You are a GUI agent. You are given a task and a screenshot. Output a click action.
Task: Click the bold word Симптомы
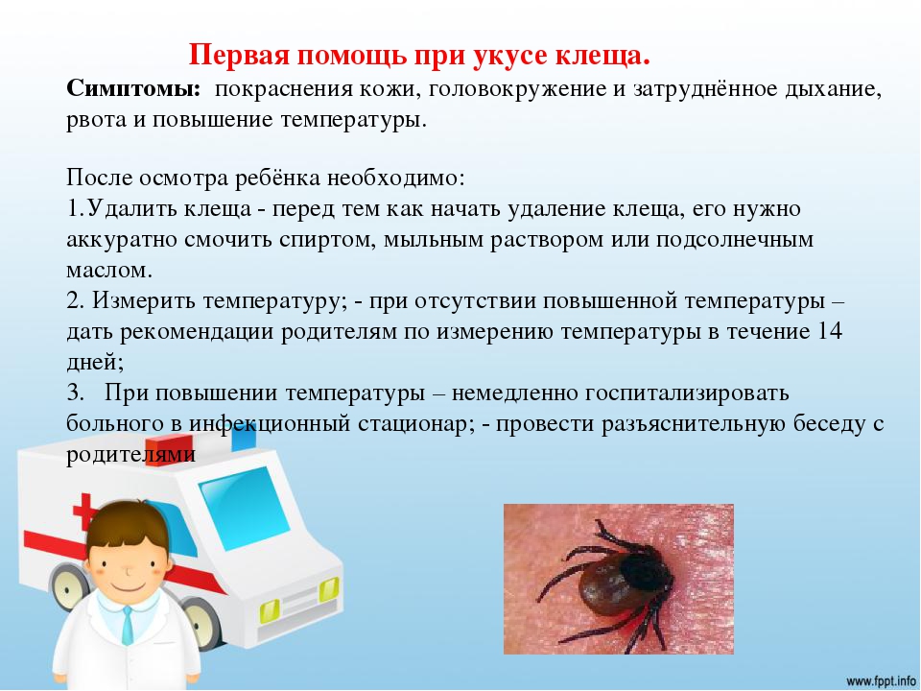[133, 90]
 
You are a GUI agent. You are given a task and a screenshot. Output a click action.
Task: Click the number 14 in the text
[829, 331]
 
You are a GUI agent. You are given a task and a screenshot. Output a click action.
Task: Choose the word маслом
[109, 271]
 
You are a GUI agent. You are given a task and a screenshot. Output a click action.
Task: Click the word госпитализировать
[687, 393]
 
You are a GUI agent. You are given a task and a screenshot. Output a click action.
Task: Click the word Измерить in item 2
[143, 301]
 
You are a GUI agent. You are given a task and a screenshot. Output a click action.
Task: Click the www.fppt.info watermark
[881, 681]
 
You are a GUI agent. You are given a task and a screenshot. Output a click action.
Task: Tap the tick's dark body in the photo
[623, 582]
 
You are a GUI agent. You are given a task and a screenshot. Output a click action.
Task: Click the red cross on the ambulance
[85, 512]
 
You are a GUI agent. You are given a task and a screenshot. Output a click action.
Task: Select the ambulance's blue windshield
[244, 507]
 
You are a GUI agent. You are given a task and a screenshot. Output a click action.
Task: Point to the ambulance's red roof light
[169, 449]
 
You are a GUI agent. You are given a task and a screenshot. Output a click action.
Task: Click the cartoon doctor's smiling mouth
[128, 587]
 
